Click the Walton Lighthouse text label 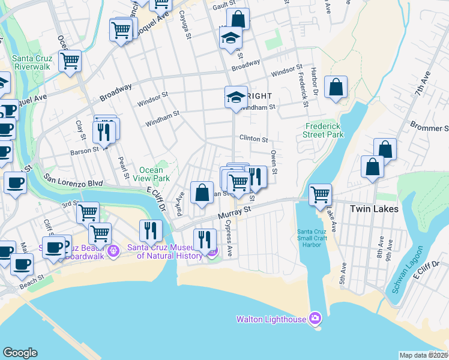[x=271, y=319]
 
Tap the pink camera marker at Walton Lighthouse [x=315, y=318]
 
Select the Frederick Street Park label [x=324, y=131]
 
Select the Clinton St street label [x=253, y=139]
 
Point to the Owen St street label [x=274, y=163]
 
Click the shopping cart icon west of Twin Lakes [x=321, y=194]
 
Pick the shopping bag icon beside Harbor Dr [x=336, y=87]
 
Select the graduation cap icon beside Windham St [x=236, y=97]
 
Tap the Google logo [x=20, y=353]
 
